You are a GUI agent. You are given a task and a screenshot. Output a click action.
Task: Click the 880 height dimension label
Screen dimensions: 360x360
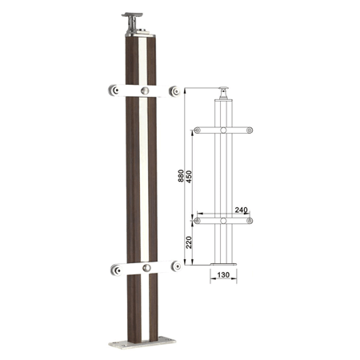[x=181, y=176]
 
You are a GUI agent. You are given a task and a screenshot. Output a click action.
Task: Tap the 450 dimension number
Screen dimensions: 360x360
[x=189, y=176]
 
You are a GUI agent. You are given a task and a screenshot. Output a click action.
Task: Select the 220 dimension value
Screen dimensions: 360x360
[x=189, y=242]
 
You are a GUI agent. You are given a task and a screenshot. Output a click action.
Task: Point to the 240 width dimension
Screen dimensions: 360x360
[x=241, y=210]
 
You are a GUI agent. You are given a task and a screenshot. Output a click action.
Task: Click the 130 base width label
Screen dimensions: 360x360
[x=223, y=274]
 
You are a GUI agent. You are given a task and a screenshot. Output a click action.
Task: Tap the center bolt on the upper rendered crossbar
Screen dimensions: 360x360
[x=145, y=90]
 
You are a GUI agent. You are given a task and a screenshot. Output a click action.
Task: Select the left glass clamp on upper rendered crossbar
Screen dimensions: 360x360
[x=114, y=90]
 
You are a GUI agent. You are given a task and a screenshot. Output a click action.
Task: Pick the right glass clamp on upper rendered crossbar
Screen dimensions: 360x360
[x=174, y=91]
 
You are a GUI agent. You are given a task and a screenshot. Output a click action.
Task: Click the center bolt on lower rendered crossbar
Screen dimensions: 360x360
[x=146, y=268]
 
